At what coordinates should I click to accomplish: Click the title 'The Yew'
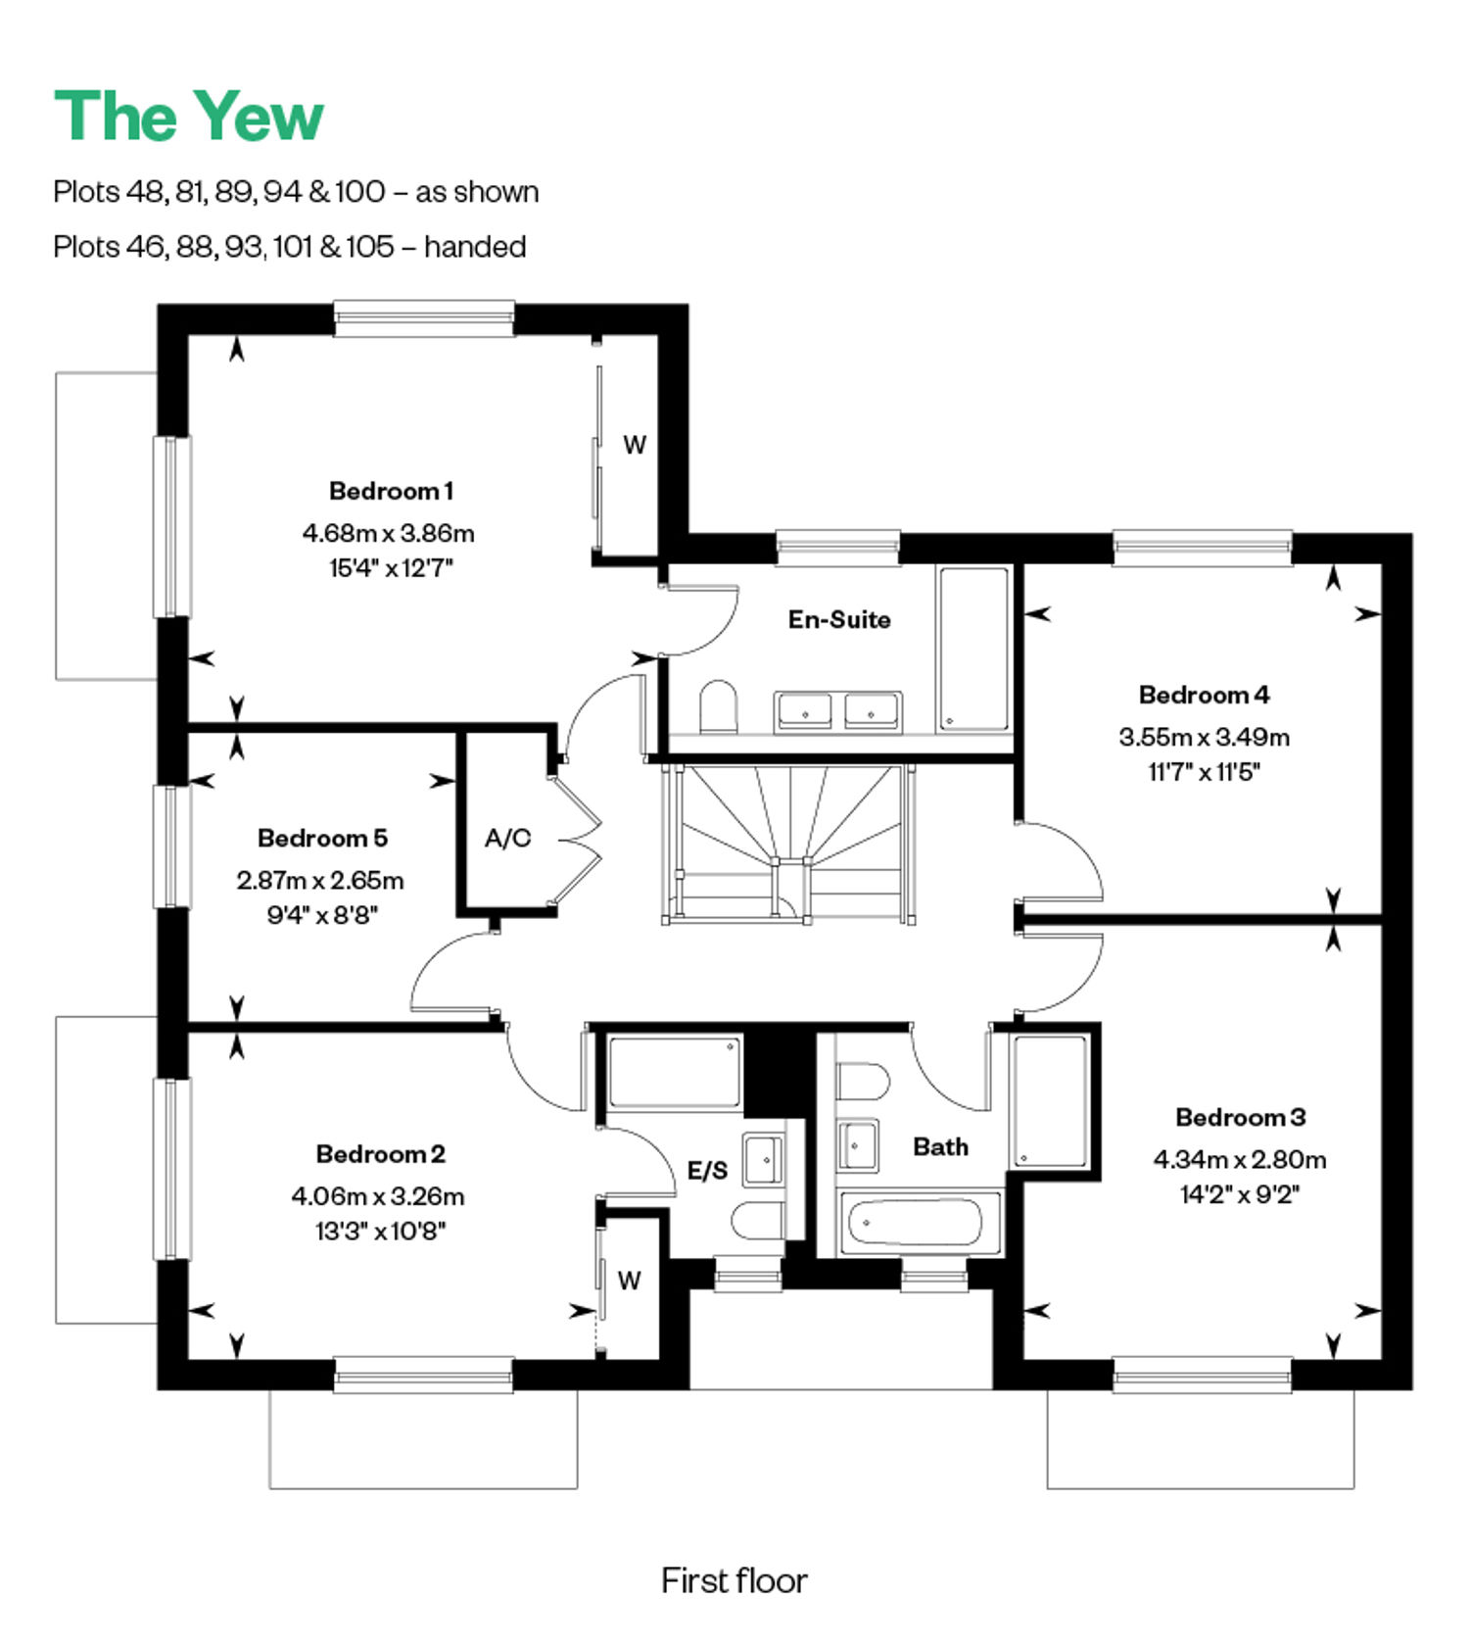point(188,117)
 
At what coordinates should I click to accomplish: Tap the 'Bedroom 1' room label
point(391,491)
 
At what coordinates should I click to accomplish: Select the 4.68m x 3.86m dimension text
point(389,534)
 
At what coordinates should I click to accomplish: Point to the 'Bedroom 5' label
point(322,839)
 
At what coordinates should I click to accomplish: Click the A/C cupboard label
point(507,839)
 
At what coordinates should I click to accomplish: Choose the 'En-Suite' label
point(839,619)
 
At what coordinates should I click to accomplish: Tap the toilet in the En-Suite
point(719,706)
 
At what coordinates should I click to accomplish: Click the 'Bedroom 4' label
point(1204,695)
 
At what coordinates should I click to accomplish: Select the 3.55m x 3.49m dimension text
point(1204,737)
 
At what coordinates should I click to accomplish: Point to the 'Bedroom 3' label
point(1240,1117)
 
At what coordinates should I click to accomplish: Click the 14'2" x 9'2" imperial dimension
point(1240,1194)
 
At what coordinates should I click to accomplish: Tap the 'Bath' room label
point(940,1146)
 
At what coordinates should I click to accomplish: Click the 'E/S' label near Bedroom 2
point(707,1170)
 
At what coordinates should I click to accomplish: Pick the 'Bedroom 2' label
point(380,1154)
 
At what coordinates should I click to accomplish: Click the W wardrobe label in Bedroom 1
point(635,445)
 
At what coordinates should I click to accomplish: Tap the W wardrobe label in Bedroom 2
point(629,1281)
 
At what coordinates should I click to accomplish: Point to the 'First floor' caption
point(734,1580)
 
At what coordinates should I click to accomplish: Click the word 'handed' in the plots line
point(475,246)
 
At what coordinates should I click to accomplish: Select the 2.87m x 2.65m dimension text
point(320,881)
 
